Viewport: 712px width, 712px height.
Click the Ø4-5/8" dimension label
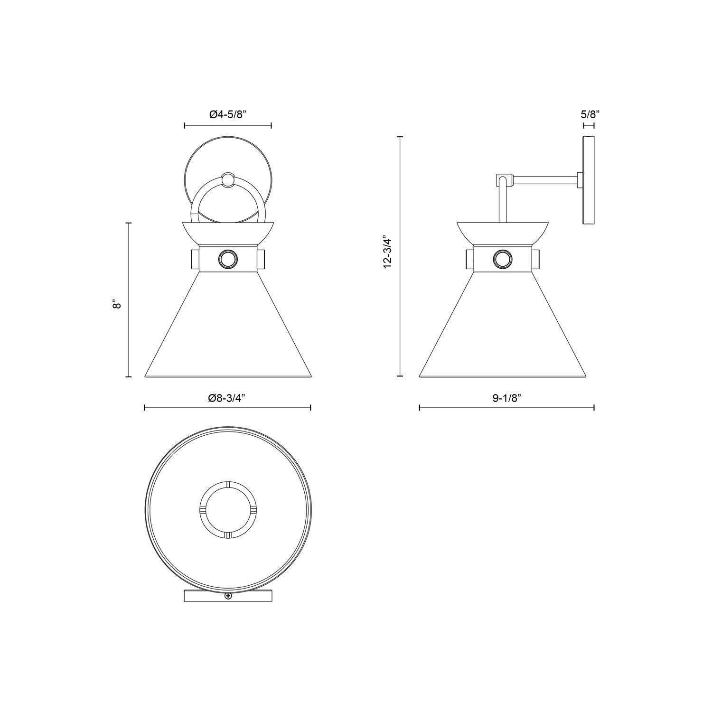tap(227, 114)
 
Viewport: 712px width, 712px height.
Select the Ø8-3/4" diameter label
tap(227, 399)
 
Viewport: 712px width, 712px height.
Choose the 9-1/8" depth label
tap(506, 399)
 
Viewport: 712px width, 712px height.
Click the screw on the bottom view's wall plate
tap(228, 596)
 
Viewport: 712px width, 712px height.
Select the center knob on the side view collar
tap(503, 259)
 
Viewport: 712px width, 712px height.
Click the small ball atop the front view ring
tap(228, 180)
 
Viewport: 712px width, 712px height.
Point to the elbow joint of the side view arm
tap(504, 180)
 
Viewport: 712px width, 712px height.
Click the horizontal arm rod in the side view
tap(546, 180)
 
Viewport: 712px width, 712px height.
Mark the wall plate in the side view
tap(589, 180)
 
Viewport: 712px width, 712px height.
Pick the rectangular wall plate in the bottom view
tap(199, 596)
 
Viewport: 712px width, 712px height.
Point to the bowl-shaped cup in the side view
tap(503, 233)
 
